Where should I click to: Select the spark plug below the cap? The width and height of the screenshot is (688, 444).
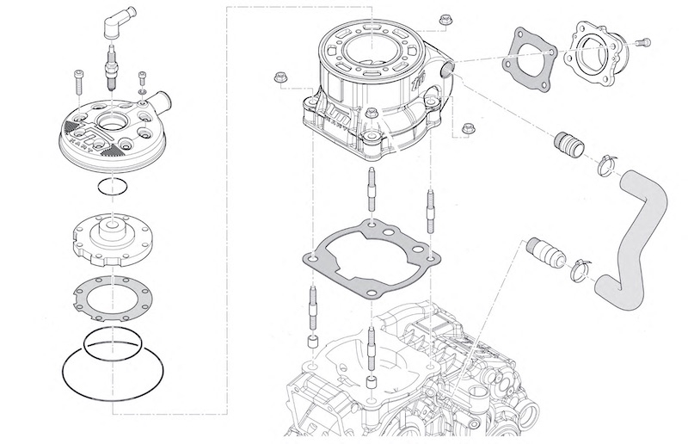point(111,66)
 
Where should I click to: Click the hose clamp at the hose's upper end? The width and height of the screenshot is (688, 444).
point(609,159)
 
